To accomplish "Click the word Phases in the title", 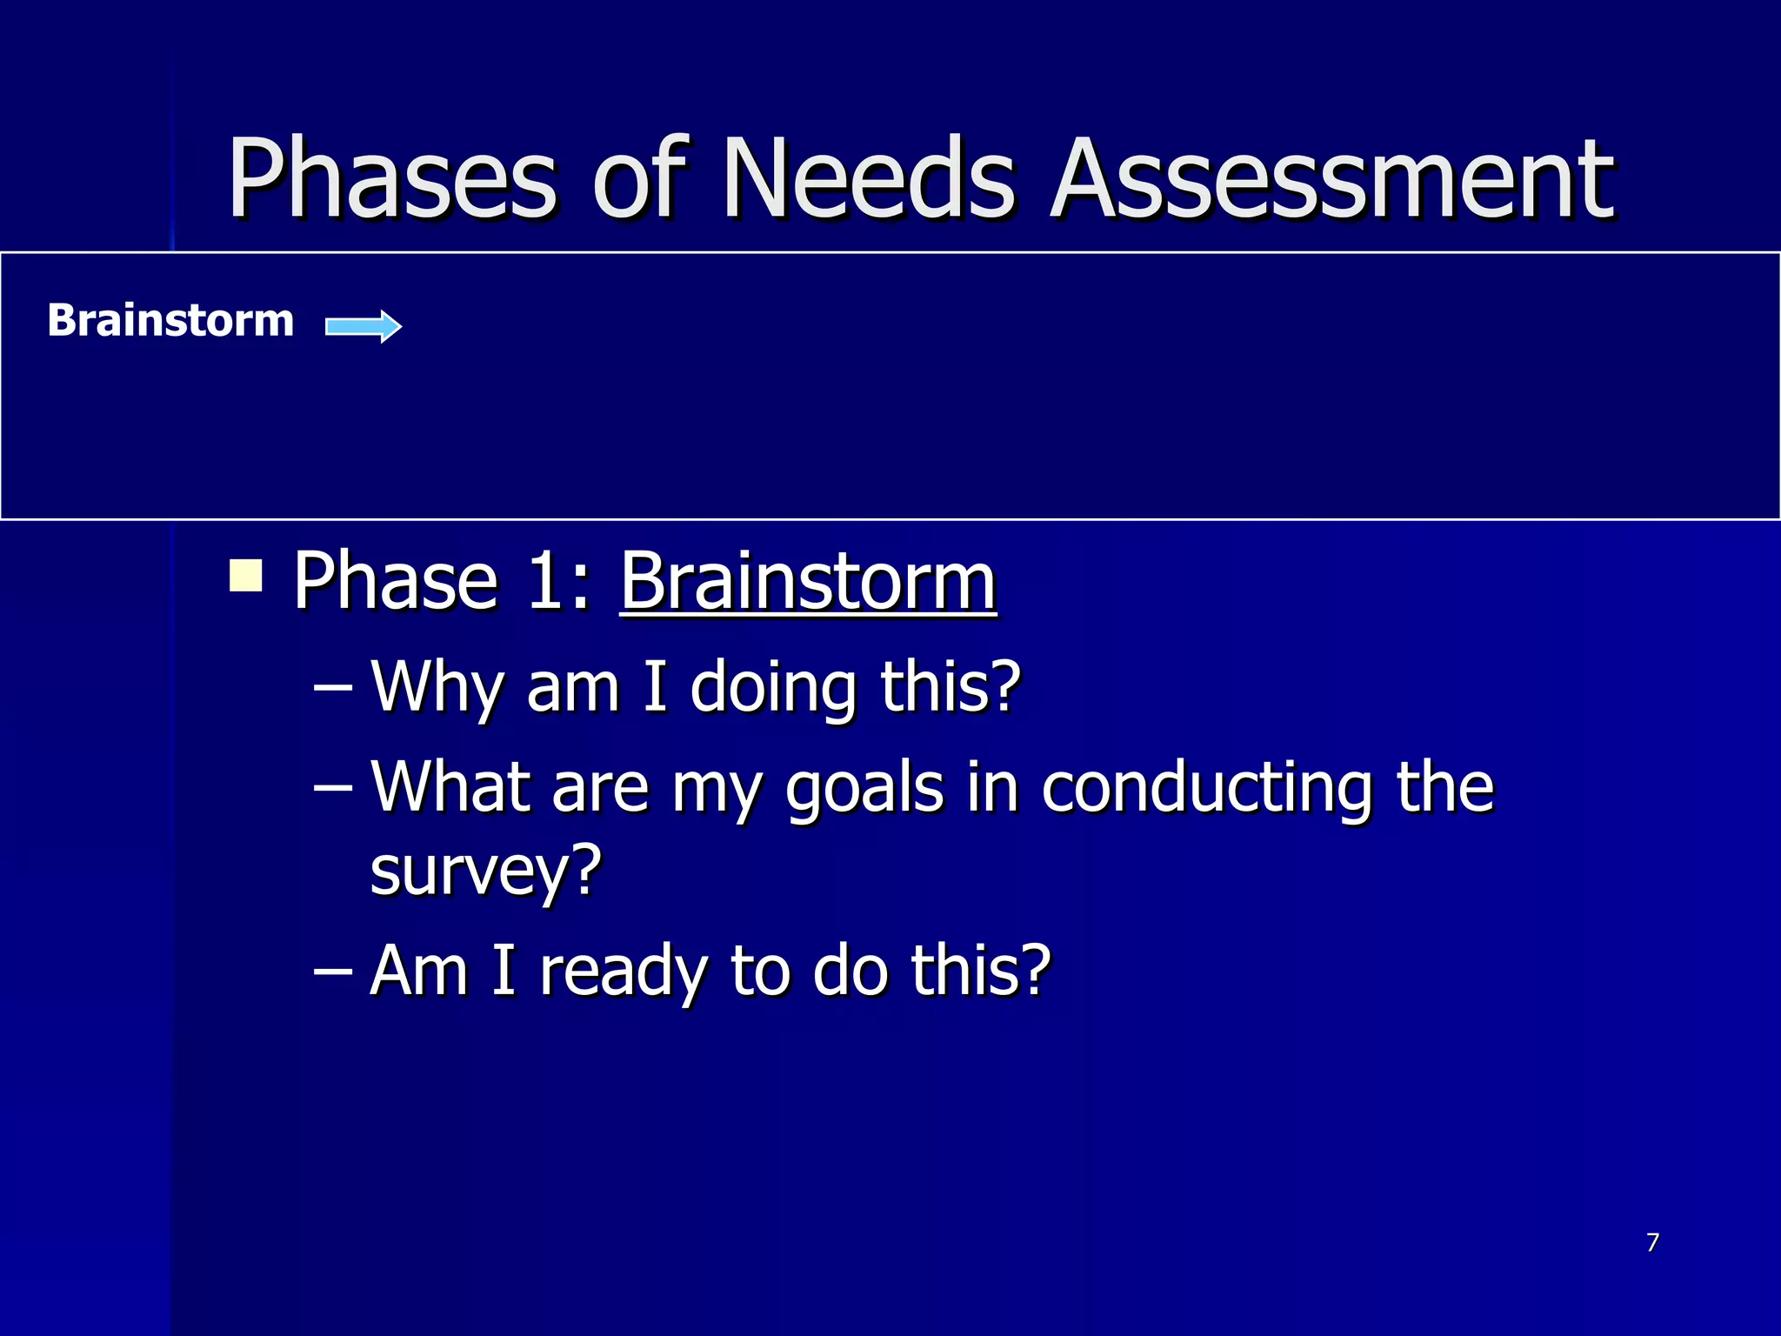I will pos(391,180).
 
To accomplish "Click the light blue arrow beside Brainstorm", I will pos(364,326).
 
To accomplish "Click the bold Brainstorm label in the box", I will pos(170,320).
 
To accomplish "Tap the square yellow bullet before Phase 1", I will pos(246,575).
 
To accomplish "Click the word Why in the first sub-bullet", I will pos(435,687).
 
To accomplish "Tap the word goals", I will pos(864,788).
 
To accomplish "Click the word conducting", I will pos(1207,788).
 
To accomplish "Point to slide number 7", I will pos(1652,1242).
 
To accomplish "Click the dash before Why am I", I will pos(332,687).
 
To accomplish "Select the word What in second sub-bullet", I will pos(450,788).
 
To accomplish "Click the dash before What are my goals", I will pos(332,788).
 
